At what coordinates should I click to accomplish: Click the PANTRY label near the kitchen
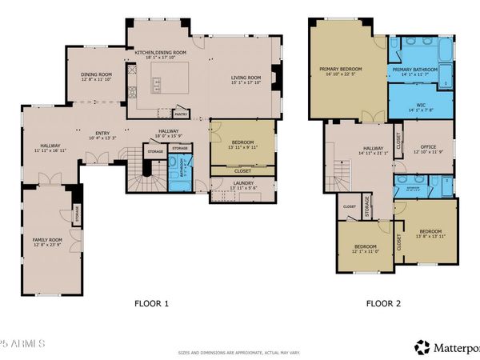click(181, 114)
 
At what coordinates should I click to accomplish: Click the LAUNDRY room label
click(243, 184)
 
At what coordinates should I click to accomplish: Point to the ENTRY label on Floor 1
click(102, 134)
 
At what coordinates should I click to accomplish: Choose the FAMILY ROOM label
click(47, 239)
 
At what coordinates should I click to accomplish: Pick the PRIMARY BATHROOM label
click(414, 70)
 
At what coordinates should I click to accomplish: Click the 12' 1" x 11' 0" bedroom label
click(366, 249)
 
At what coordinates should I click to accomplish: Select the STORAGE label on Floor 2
click(366, 206)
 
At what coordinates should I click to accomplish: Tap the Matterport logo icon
click(422, 347)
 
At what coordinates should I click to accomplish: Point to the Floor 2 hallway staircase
click(342, 172)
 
